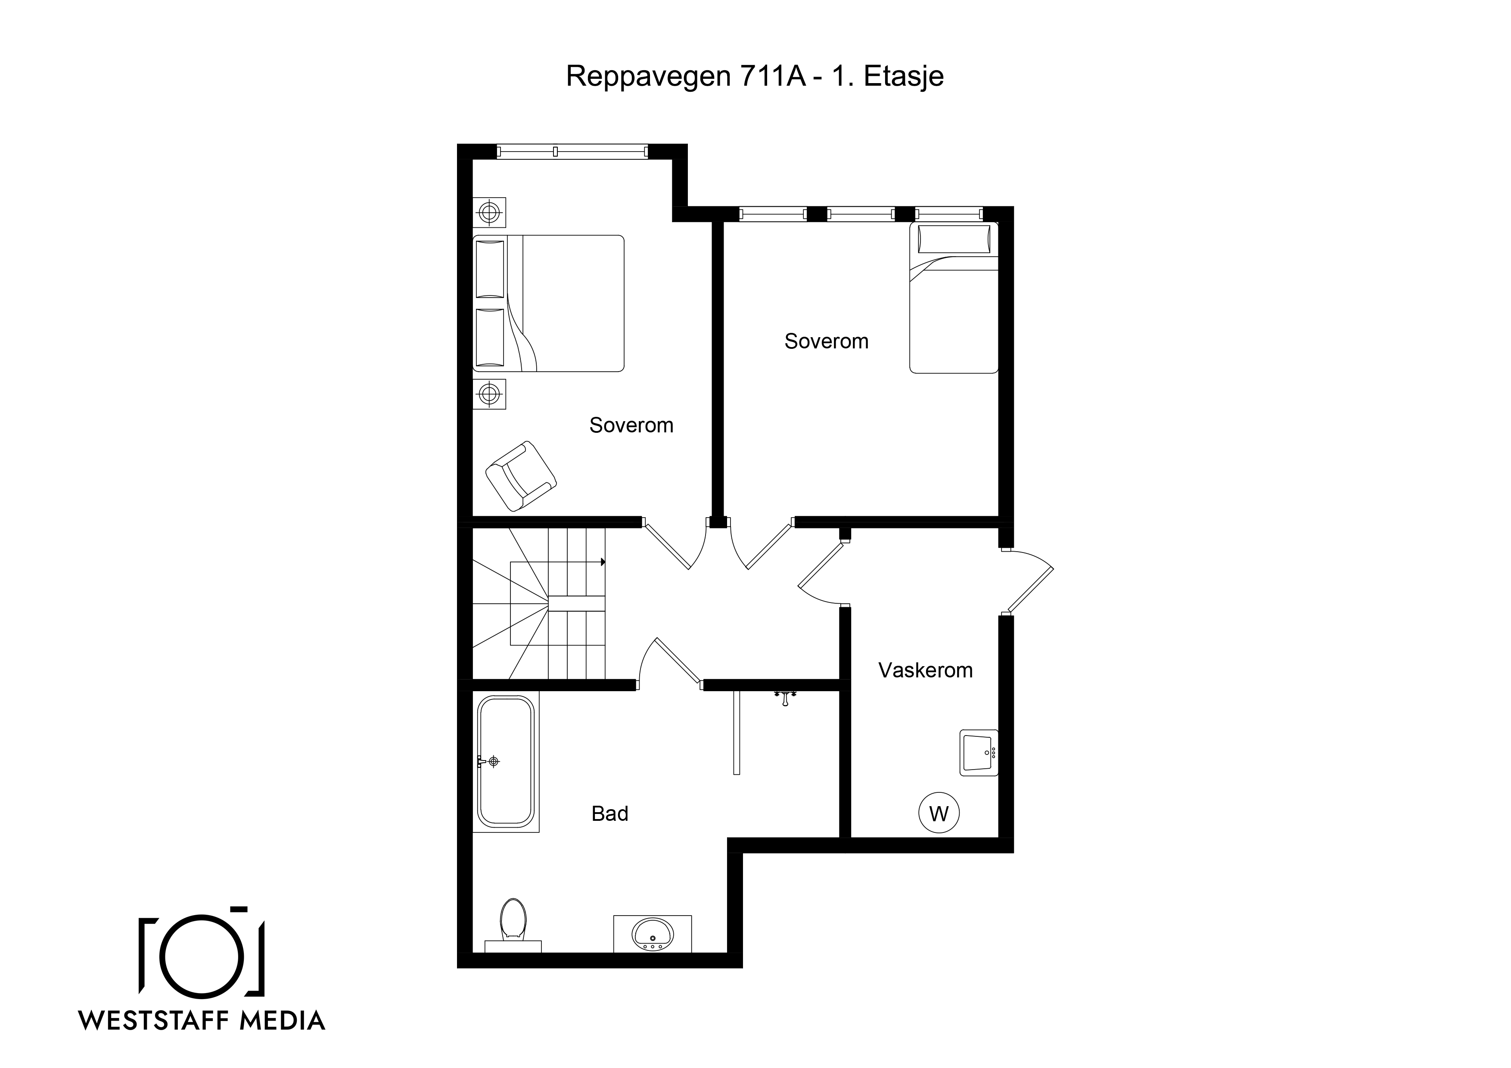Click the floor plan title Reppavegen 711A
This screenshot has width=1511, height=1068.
[x=686, y=76]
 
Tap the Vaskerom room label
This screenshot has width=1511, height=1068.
[x=925, y=671]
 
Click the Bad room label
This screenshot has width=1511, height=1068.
[x=609, y=814]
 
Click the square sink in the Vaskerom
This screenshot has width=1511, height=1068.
[x=979, y=753]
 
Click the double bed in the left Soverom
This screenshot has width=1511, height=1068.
[x=548, y=303]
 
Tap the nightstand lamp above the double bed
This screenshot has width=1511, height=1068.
[x=489, y=213]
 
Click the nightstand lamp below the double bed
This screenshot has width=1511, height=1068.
[x=489, y=394]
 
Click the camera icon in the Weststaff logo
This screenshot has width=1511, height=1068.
[x=202, y=952]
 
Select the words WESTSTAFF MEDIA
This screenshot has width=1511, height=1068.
[x=202, y=1021]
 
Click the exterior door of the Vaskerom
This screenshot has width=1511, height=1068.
[x=1028, y=582]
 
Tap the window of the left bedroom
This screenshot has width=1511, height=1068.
[x=572, y=151]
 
